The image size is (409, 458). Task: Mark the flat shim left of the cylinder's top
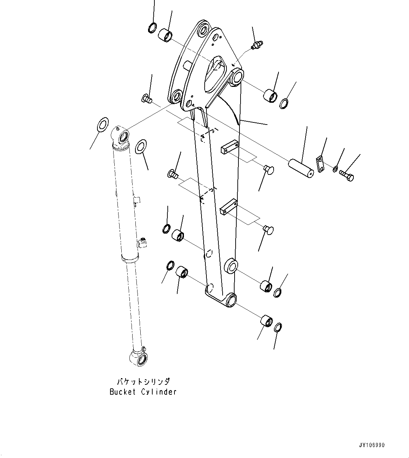click(102, 125)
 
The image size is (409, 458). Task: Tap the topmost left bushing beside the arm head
click(166, 35)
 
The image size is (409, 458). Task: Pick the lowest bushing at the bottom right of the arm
click(266, 321)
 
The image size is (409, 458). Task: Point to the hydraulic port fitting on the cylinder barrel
click(142, 243)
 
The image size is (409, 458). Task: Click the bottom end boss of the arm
click(230, 299)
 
